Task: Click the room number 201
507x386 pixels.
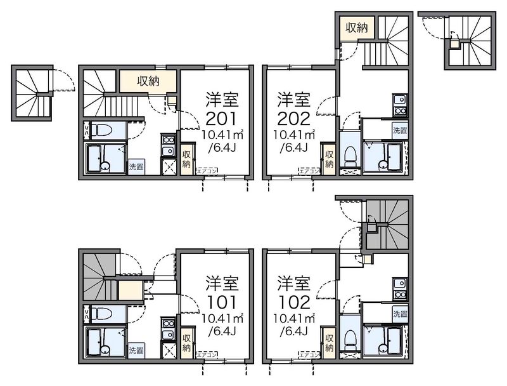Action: coord(221,118)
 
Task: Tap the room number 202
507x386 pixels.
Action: coord(293,118)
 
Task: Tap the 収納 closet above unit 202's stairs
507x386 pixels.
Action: coord(356,27)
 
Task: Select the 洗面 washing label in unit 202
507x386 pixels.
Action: coord(399,131)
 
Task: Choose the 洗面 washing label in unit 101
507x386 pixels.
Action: coord(136,350)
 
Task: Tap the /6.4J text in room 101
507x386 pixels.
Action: coord(221,331)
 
